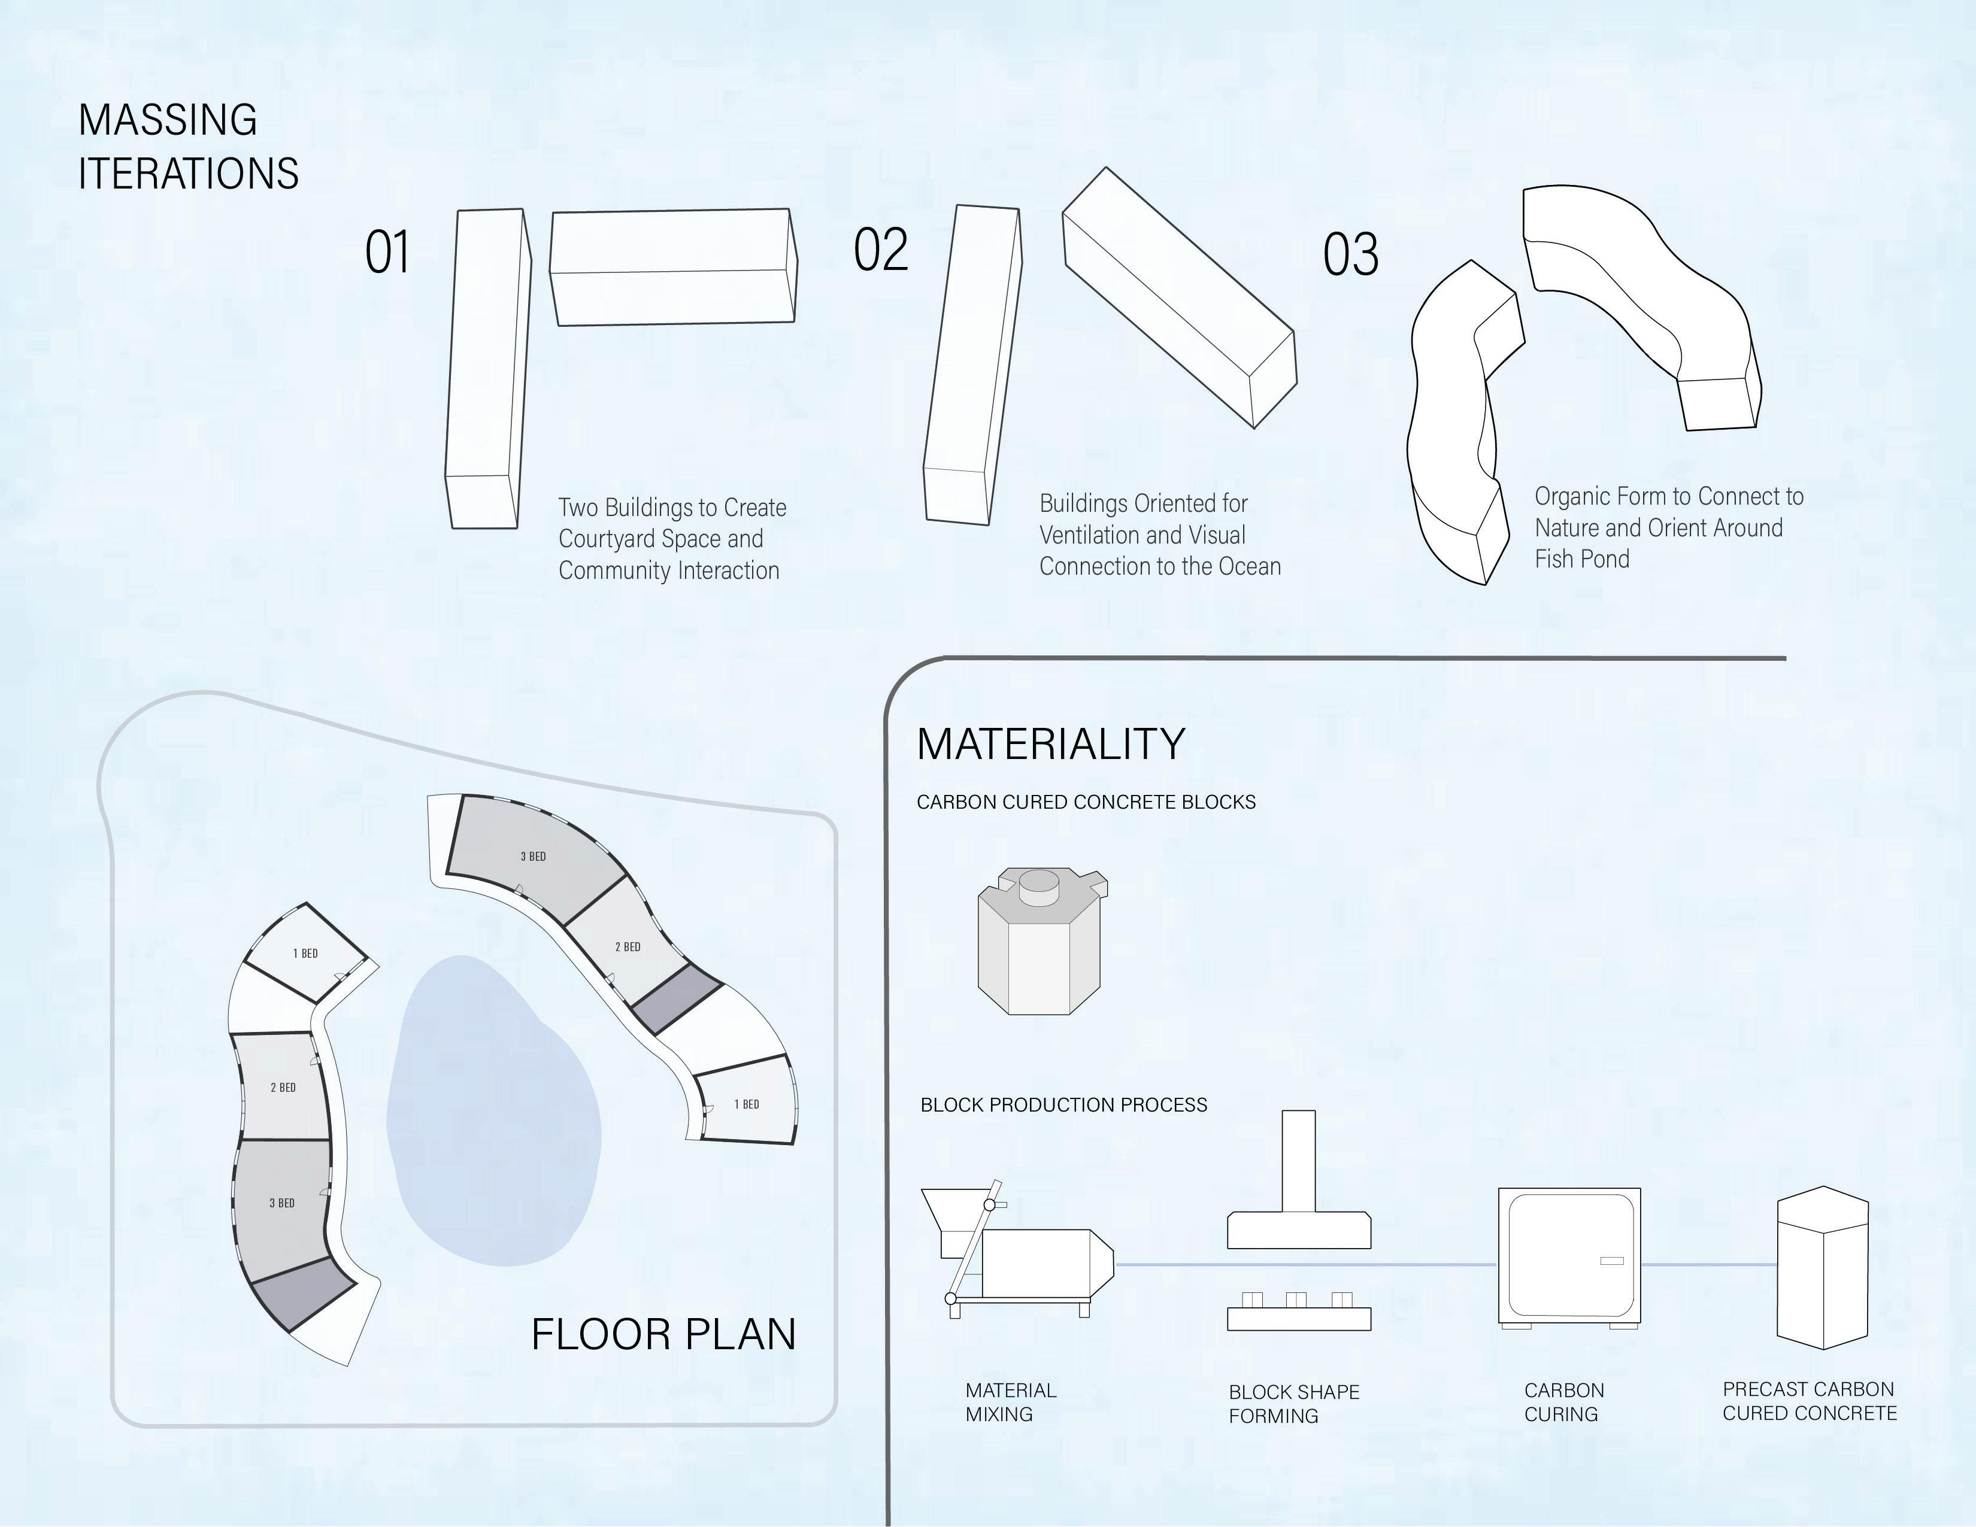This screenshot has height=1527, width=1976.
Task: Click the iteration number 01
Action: (387, 253)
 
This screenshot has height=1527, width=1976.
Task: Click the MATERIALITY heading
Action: (1050, 745)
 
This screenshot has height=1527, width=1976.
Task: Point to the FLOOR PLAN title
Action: (663, 1334)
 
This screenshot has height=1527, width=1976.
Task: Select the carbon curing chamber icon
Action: (1569, 1258)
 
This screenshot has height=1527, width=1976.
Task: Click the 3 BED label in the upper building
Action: (533, 857)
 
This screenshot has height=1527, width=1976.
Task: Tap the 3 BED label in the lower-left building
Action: (281, 1203)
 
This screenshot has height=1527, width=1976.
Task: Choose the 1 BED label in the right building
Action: (747, 1104)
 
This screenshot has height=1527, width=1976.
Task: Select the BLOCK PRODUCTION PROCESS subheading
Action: (1063, 1104)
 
